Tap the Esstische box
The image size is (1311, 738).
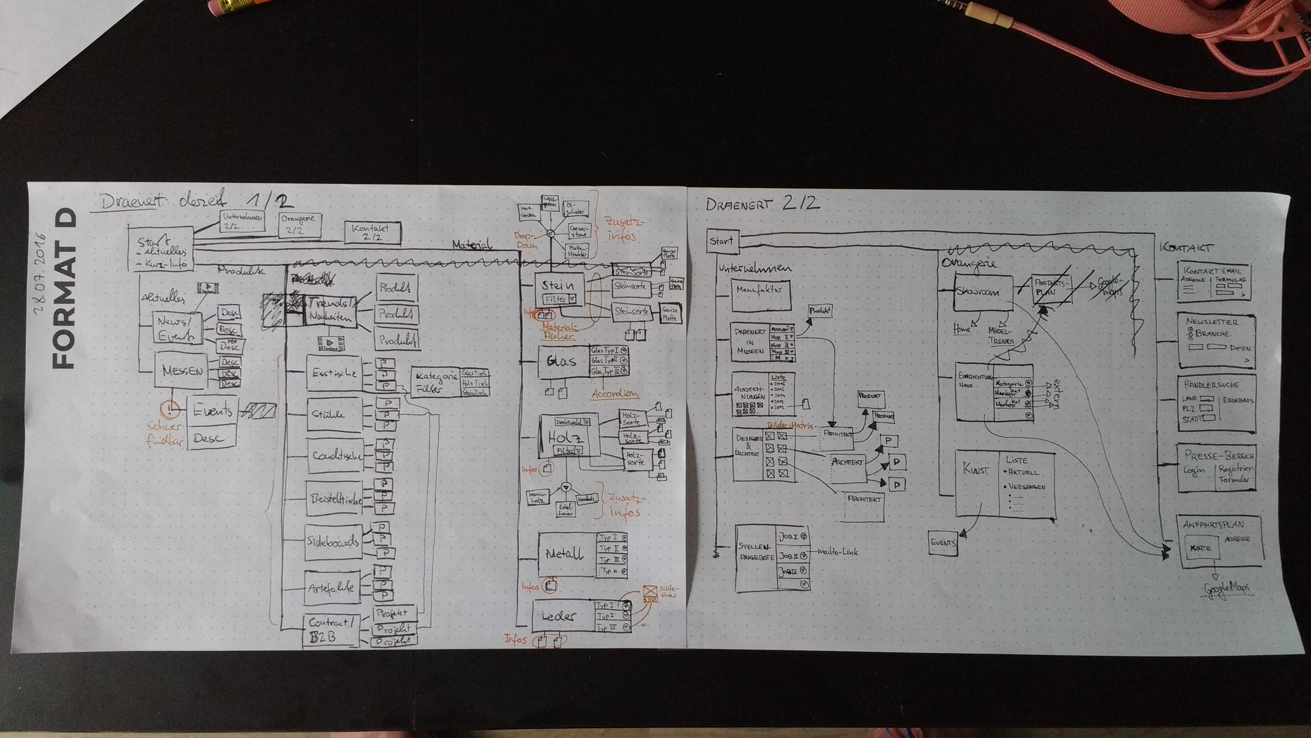click(x=334, y=373)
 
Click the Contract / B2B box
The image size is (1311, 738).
click(x=331, y=630)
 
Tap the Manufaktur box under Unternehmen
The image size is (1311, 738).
click(x=761, y=294)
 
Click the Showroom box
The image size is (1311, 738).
click(x=983, y=293)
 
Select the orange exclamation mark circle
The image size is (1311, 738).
click(x=170, y=409)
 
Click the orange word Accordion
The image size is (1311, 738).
click(x=615, y=394)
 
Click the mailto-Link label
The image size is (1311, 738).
click(x=837, y=551)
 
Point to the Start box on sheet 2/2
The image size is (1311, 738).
click(x=722, y=241)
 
